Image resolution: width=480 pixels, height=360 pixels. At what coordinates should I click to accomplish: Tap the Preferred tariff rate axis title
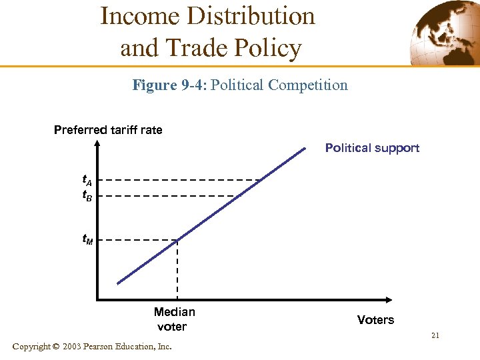[x=108, y=129]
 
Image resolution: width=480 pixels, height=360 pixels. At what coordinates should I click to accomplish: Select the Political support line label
[x=372, y=147]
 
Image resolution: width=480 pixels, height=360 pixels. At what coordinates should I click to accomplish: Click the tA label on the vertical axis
[x=87, y=180]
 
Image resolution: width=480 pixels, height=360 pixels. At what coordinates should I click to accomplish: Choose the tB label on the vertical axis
[x=87, y=196]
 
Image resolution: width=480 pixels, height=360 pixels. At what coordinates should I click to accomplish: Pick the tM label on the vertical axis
[x=87, y=238]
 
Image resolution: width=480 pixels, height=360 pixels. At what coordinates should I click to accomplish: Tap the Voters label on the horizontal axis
[x=375, y=320]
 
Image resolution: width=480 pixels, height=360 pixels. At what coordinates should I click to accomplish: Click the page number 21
[x=435, y=335]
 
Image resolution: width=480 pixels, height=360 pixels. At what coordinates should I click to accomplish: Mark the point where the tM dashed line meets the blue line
[x=177, y=239]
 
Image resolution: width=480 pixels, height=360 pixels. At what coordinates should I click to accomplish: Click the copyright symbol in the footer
[x=56, y=347]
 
